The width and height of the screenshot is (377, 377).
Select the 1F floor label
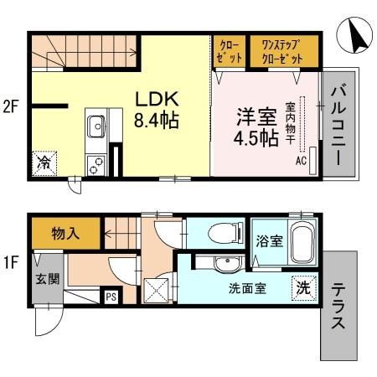(x=11, y=263)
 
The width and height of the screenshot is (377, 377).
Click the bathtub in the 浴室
(x=301, y=243)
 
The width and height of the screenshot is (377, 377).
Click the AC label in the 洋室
(x=299, y=160)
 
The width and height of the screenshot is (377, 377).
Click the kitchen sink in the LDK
(x=93, y=129)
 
